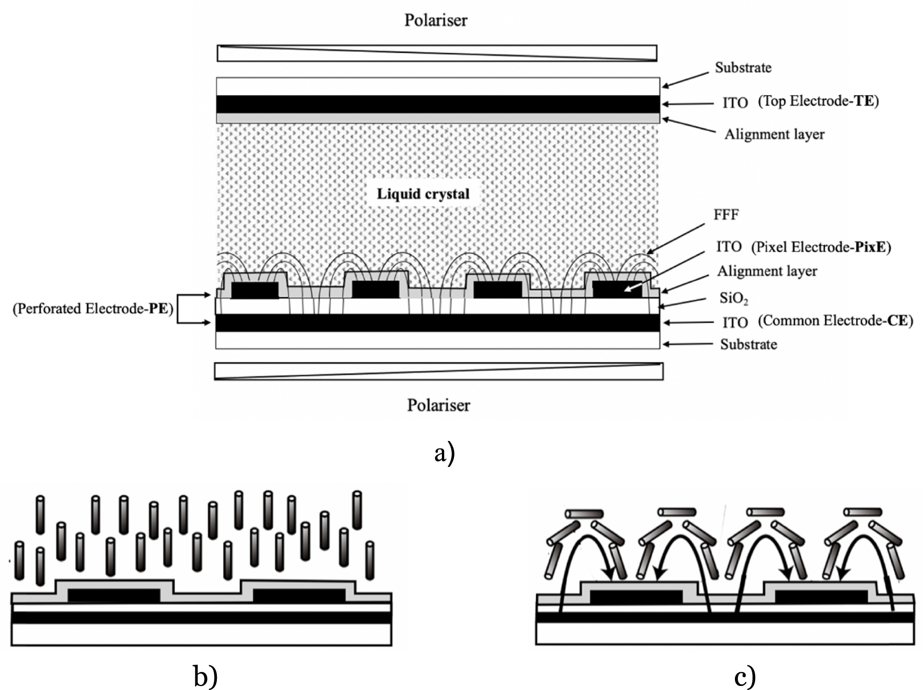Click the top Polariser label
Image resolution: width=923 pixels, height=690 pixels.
436,20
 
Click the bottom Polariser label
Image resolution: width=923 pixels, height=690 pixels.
438,405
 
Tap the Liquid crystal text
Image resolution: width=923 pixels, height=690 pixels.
423,194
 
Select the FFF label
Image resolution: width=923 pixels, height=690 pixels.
726,215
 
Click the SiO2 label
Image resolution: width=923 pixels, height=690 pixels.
733,298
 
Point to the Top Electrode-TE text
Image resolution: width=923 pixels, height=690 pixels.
818,101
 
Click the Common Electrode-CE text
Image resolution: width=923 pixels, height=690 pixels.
835,321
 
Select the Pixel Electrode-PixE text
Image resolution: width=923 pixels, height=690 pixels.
821,247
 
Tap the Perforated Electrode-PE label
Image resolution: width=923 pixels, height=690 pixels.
93,308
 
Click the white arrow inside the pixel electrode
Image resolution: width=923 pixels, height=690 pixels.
635,284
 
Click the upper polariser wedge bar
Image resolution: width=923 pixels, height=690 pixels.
437,53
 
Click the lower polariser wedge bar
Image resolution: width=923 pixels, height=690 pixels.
438,371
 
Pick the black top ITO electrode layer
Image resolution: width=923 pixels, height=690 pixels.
437,104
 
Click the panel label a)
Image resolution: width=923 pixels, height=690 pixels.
444,453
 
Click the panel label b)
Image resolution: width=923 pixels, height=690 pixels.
205,676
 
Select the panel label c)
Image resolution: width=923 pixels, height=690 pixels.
745,676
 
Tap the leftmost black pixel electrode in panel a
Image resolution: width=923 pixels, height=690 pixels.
254,291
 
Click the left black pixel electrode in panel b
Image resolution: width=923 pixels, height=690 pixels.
114,595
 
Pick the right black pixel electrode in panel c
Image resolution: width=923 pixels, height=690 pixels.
820,597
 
